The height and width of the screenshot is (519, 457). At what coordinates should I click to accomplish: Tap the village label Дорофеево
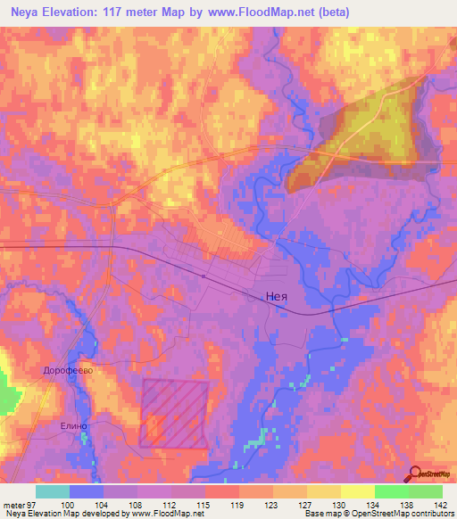68,367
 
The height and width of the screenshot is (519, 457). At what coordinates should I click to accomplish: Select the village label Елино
74,426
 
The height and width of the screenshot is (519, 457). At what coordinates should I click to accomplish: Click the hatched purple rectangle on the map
174,412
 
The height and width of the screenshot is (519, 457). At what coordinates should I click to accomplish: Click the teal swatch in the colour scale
53,491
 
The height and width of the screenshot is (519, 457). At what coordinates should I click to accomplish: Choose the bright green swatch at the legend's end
426,491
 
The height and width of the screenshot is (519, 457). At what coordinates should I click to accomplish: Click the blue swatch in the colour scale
87,491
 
